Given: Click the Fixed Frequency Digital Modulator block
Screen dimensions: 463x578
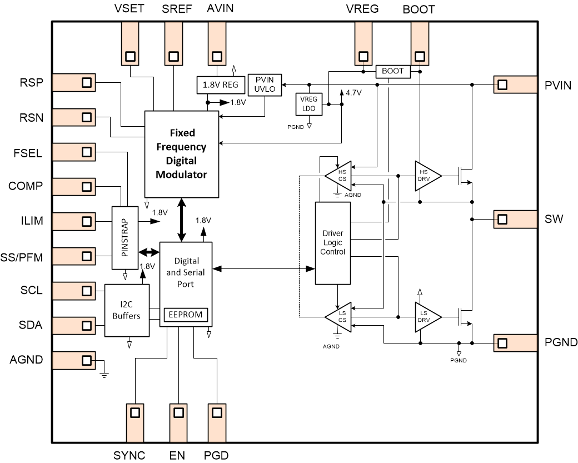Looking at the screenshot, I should (x=181, y=153).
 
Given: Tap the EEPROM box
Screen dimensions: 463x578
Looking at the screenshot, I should (x=186, y=315).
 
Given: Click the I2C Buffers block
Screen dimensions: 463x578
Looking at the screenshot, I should (x=128, y=310).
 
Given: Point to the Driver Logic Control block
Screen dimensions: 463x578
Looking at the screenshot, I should (x=333, y=243).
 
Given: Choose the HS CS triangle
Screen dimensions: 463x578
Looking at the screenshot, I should (x=340, y=176).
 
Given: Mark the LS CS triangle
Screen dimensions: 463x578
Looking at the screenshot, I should (x=340, y=317).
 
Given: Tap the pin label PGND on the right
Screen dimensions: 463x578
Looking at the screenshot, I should (x=561, y=342).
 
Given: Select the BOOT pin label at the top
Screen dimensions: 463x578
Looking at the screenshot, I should (x=418, y=9).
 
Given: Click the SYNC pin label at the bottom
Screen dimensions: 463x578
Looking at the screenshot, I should (x=129, y=455).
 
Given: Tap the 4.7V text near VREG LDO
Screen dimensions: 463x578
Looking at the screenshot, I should (x=353, y=93).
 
